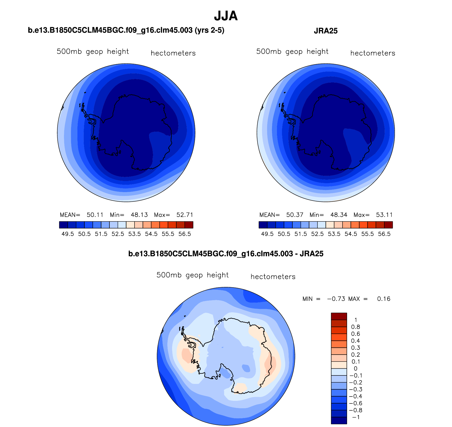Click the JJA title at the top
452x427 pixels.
226,16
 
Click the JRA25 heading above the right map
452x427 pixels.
326,31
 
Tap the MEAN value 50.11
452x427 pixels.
95,215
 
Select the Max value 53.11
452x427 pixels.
384,215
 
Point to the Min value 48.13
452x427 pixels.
139,215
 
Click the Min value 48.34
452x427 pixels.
339,215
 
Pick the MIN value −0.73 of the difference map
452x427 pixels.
336,299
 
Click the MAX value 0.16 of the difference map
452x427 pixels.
384,299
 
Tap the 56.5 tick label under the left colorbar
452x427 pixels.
185,234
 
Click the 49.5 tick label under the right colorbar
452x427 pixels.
267,234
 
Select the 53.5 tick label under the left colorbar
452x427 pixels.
135,234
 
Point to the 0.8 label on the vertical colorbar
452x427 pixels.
356,327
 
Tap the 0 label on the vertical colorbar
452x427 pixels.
356,369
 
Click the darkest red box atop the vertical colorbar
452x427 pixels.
339,316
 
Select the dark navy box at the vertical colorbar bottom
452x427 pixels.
339,420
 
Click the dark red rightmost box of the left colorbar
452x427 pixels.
189,225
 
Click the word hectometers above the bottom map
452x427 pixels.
273,277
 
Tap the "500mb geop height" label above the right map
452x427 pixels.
292,52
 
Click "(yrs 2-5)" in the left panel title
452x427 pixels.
209,30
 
